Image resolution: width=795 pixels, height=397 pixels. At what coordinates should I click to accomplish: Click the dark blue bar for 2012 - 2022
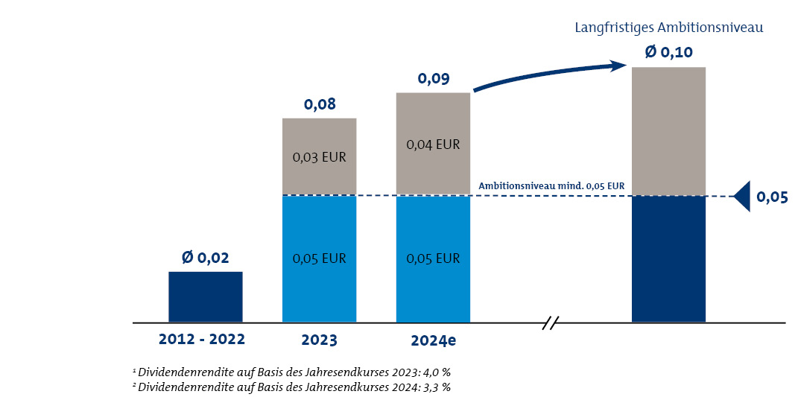(205, 296)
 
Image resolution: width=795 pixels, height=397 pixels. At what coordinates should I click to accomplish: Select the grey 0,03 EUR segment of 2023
(319, 156)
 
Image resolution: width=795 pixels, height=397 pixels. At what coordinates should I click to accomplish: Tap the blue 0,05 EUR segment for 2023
(319, 258)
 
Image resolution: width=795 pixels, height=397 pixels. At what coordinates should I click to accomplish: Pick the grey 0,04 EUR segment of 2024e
(433, 144)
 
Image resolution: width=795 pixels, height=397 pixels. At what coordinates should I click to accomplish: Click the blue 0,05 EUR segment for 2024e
(433, 258)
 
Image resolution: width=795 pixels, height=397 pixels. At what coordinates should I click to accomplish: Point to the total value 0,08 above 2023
(320, 104)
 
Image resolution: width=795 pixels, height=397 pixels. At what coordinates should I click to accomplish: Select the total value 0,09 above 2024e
(433, 78)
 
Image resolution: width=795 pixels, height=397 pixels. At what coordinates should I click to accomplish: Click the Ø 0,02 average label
(205, 258)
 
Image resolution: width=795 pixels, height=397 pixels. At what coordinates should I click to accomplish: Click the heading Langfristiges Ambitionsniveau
(670, 28)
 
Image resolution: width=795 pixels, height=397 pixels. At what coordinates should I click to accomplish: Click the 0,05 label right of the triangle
(773, 197)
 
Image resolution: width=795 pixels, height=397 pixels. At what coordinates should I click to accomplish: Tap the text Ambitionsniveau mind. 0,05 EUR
(551, 185)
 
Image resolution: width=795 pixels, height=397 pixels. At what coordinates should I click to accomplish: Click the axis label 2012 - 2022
(201, 340)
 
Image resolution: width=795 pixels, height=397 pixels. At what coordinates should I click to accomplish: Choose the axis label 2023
(319, 340)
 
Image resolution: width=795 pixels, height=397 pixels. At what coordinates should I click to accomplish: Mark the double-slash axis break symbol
(551, 323)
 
